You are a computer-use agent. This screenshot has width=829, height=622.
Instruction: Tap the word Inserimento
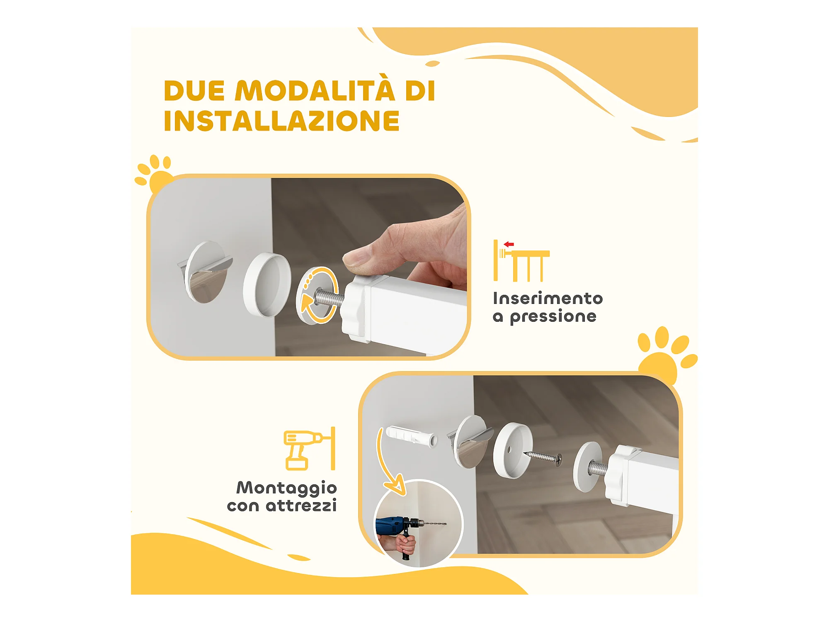tap(548, 298)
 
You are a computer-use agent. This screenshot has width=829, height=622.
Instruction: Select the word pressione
tap(553, 317)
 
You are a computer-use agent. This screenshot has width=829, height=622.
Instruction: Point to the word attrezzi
tap(301, 505)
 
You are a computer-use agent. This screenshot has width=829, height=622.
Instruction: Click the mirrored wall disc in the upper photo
tap(206, 272)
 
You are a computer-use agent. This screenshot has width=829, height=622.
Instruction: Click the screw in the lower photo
tap(543, 458)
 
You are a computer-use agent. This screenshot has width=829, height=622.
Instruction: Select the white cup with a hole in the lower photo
tap(513, 450)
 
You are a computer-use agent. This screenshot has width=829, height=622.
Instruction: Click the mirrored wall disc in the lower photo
tap(470, 441)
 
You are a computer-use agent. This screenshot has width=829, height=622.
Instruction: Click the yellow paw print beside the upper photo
tap(153, 174)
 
